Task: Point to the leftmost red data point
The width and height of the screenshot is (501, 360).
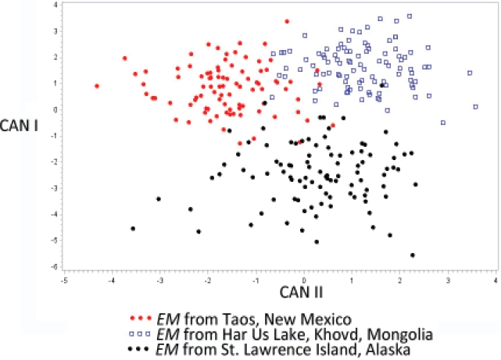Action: pos(97,86)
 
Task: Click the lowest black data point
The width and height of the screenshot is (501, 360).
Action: pos(413,255)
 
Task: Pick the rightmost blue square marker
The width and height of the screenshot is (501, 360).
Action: pos(475,107)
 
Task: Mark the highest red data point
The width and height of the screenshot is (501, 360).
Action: pos(287,22)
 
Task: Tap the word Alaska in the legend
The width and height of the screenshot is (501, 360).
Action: pos(385,351)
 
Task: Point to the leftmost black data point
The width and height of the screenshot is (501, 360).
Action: pos(133,228)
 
